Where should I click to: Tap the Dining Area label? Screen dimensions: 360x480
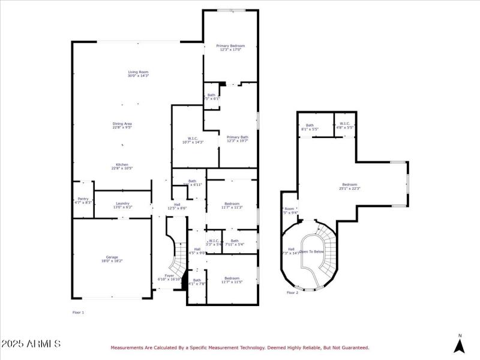click(x=122, y=124)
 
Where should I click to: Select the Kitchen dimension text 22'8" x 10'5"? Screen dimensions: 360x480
click(x=122, y=169)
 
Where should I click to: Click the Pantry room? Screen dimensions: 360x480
click(x=83, y=201)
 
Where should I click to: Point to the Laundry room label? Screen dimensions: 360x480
click(x=122, y=204)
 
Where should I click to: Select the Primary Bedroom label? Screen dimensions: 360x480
click(x=230, y=46)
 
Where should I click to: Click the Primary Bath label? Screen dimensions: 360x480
click(x=237, y=137)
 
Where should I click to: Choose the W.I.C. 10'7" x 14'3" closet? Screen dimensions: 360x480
click(x=193, y=140)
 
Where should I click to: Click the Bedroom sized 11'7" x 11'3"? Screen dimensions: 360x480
click(x=232, y=205)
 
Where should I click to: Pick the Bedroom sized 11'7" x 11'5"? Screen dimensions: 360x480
click(x=232, y=278)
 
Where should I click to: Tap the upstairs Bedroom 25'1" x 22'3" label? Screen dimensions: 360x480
click(x=350, y=185)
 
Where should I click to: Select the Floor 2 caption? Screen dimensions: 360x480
click(x=292, y=293)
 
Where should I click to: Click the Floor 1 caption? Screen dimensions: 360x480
click(x=78, y=313)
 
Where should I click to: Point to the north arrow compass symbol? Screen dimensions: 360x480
click(x=460, y=344)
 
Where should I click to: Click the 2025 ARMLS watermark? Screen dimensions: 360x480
click(x=31, y=344)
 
